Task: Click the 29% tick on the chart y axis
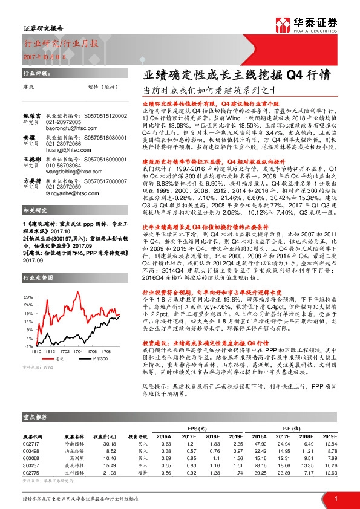(28, 297)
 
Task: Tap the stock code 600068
(31, 458)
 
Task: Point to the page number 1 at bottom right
(334, 498)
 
